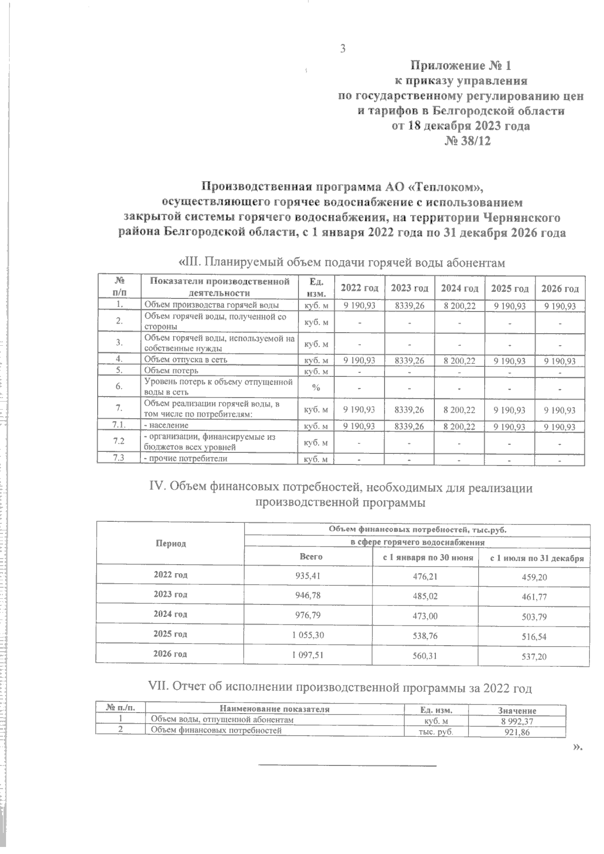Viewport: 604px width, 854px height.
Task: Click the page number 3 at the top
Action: [343, 49]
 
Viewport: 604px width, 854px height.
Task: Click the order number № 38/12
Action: [467, 141]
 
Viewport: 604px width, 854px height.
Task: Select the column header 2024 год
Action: [460, 288]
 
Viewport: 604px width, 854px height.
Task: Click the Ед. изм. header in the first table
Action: [316, 287]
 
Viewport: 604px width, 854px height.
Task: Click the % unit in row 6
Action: [316, 387]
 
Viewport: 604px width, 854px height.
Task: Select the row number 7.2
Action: [119, 441]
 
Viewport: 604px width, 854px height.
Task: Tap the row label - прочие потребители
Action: [186, 458]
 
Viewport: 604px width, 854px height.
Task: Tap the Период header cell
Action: [171, 544]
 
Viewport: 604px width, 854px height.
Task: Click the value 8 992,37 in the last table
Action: [516, 721]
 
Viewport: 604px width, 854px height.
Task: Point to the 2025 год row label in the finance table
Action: [171, 634]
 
